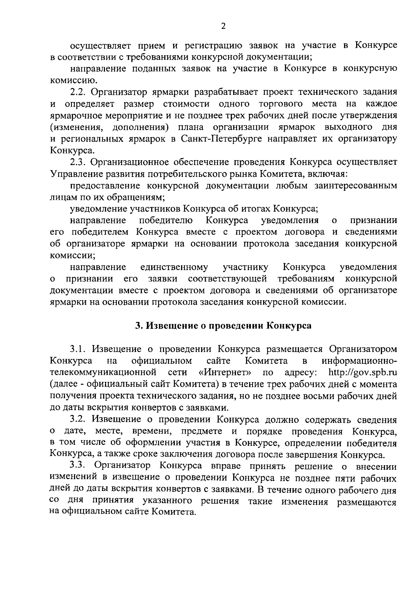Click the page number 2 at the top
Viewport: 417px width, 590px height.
(x=223, y=26)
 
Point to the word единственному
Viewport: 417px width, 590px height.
(x=174, y=267)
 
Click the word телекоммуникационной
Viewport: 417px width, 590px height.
(x=103, y=373)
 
